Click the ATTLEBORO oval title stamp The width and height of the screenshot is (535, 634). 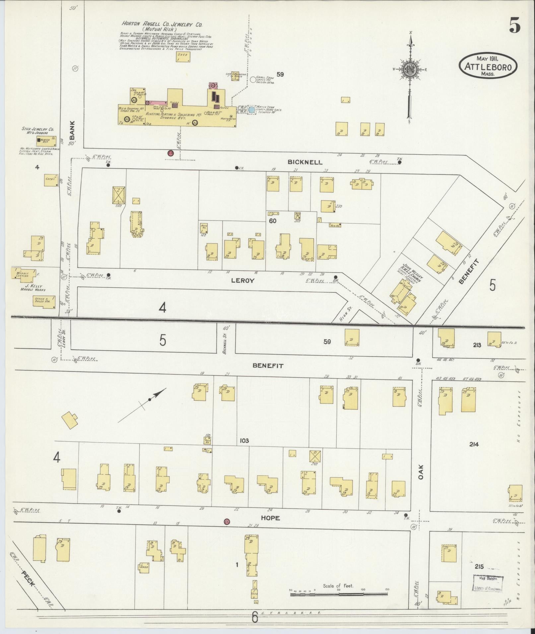(488, 66)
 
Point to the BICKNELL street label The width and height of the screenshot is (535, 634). (304, 162)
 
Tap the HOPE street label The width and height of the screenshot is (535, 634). (270, 518)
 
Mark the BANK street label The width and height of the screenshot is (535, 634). (72, 130)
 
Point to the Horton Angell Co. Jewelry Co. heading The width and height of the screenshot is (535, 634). (162, 25)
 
